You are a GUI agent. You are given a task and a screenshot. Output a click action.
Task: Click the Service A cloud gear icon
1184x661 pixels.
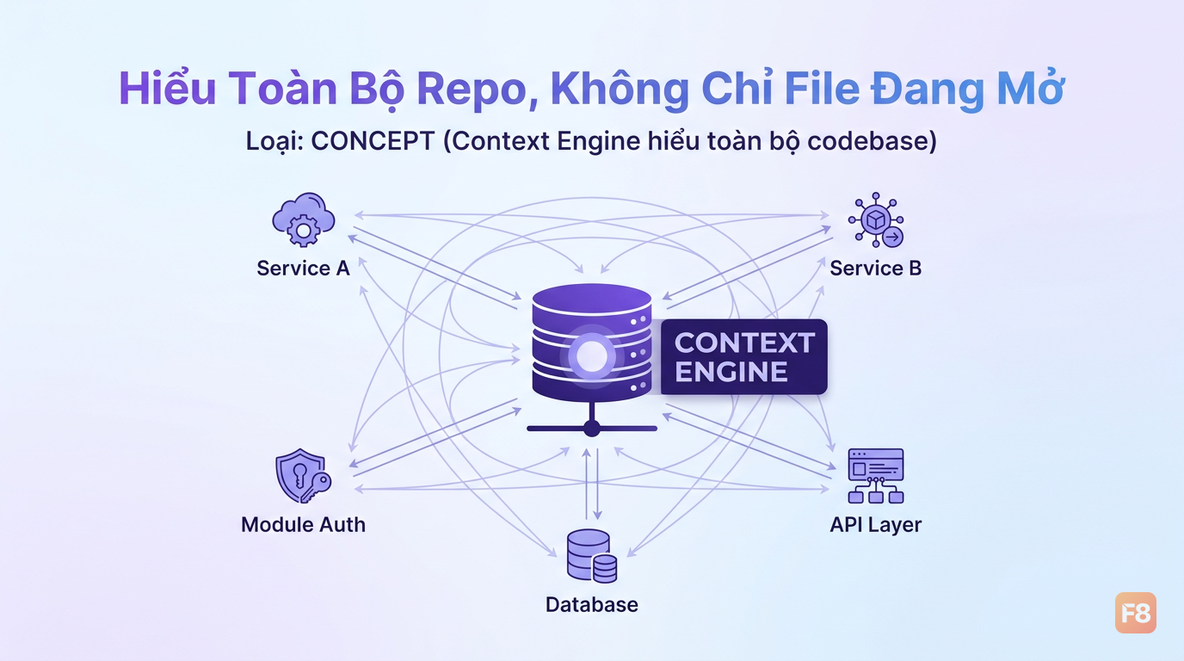[x=304, y=219]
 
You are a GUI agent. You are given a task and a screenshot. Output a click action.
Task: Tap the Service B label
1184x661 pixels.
[x=875, y=269]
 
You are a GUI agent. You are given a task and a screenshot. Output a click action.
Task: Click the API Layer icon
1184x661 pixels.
[x=876, y=476]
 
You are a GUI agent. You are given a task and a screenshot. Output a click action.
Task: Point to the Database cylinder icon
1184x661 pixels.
[x=592, y=556]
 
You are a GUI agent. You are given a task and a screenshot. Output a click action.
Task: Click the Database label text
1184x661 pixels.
[x=591, y=604]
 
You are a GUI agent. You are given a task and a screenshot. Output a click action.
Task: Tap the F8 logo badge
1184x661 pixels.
[x=1136, y=613]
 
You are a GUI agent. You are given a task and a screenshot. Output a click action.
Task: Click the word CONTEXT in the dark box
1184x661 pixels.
[x=744, y=343]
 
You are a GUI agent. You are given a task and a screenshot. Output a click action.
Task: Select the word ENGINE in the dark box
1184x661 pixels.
[x=731, y=371]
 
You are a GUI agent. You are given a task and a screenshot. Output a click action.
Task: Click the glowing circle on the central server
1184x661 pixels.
[x=591, y=355]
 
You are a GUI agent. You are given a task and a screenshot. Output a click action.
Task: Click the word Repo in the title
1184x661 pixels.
[x=471, y=89]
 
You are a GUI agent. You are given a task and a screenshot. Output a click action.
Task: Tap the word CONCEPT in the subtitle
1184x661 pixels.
[x=373, y=141]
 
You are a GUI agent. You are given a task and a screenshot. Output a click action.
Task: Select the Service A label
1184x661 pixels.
[x=303, y=269]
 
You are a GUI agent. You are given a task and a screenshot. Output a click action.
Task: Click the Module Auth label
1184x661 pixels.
[x=303, y=524]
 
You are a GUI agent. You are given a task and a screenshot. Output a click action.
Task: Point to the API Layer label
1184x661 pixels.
[x=875, y=524]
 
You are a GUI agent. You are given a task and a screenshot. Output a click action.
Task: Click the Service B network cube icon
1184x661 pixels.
[x=876, y=219]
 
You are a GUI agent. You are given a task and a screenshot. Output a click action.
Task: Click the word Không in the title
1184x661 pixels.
[x=620, y=89]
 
